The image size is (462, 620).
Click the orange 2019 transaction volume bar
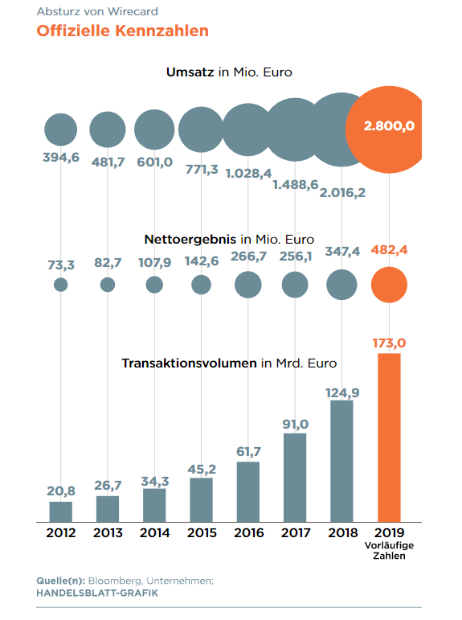click(x=389, y=437)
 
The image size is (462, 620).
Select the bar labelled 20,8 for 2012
click(x=61, y=512)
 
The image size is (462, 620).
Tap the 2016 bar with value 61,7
click(x=248, y=492)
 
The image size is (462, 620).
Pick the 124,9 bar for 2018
click(x=341, y=462)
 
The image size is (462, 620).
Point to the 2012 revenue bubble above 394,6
click(x=60, y=129)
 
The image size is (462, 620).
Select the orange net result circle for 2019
click(x=389, y=285)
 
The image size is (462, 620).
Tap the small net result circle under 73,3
click(x=60, y=285)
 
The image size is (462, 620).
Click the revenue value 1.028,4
click(x=248, y=173)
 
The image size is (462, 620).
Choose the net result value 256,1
click(x=296, y=257)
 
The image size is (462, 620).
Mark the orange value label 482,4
click(x=389, y=250)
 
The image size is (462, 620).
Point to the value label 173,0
click(x=389, y=343)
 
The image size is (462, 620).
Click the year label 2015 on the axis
click(x=202, y=532)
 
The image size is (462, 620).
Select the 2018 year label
click(x=342, y=532)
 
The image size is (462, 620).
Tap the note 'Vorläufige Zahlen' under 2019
click(x=389, y=550)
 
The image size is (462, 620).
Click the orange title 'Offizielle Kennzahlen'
click(x=122, y=31)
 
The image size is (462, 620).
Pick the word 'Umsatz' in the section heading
click(x=190, y=72)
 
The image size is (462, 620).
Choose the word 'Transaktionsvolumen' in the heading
click(x=189, y=363)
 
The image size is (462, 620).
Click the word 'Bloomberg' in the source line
click(x=115, y=581)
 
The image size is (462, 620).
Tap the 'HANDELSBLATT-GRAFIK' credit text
click(x=97, y=593)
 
